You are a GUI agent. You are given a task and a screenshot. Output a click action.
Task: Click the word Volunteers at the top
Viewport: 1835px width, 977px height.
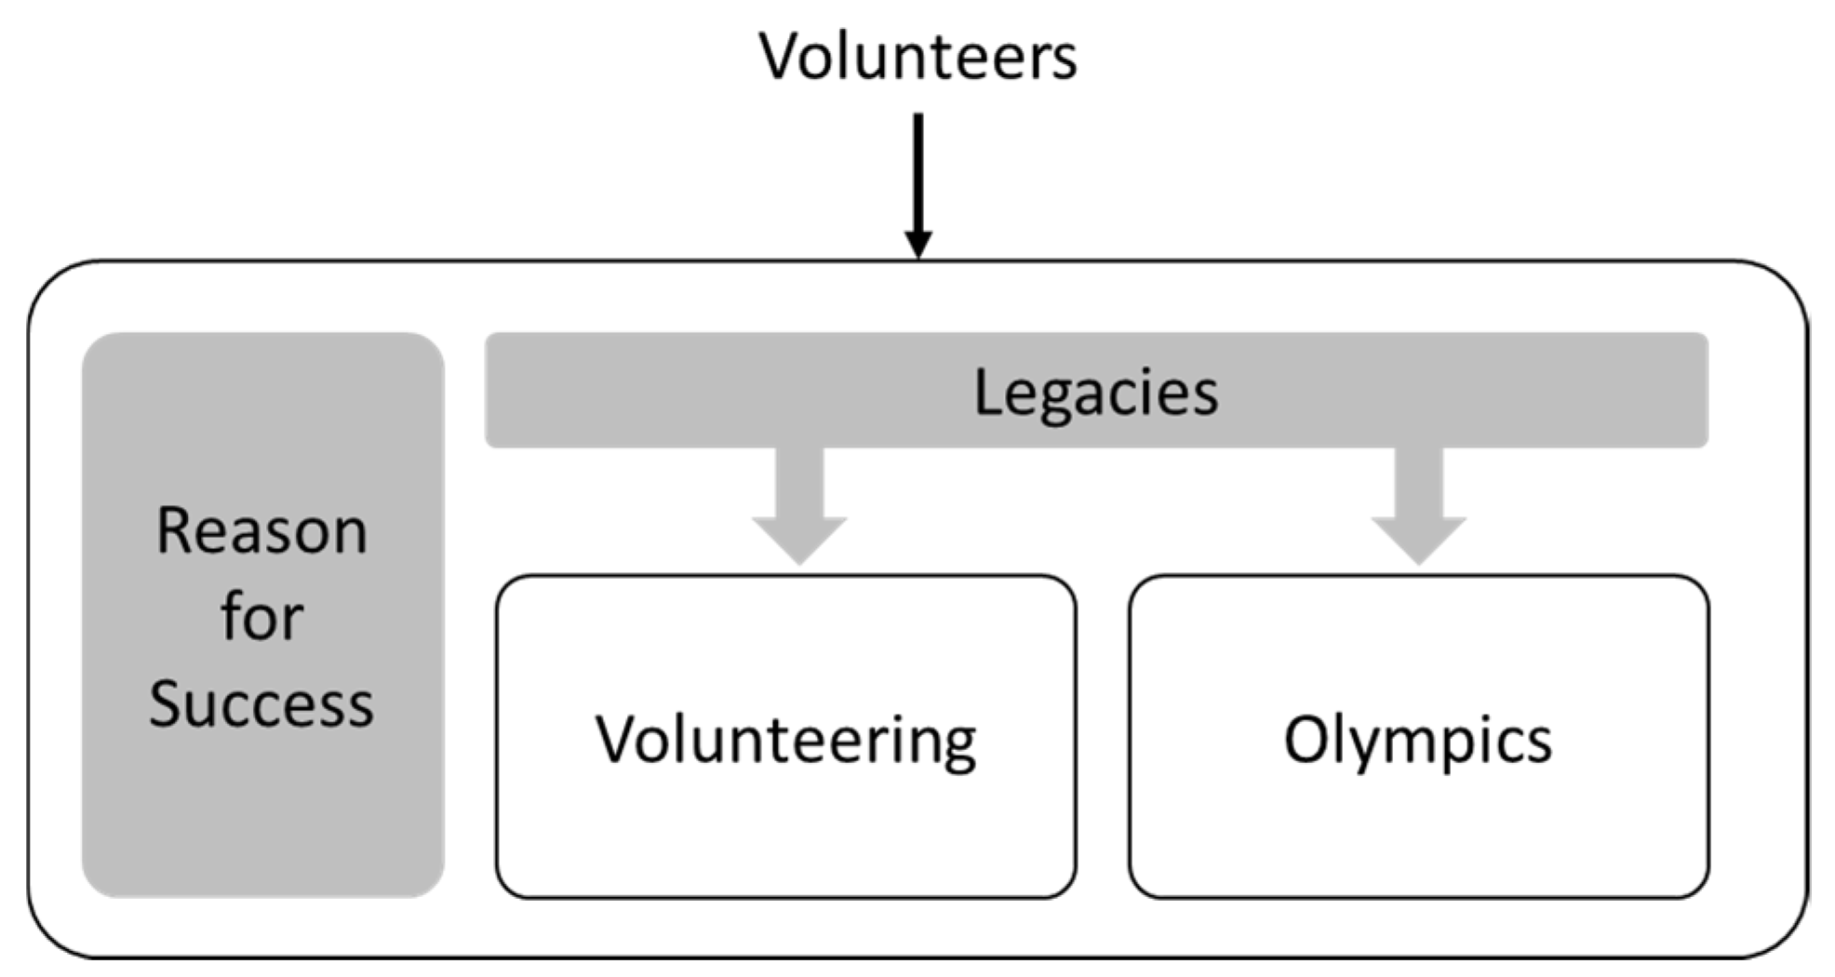pos(917,56)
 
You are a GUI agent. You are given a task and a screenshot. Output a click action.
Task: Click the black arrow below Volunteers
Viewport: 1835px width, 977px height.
pos(917,177)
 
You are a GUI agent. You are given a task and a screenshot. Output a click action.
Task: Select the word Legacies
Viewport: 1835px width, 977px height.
pos(1095,393)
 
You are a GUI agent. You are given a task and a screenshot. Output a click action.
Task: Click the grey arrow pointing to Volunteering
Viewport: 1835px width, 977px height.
pos(799,507)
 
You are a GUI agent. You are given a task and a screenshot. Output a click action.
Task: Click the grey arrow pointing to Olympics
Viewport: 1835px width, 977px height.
pos(1418,507)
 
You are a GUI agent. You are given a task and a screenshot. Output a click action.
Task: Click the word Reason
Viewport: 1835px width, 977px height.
pos(261,531)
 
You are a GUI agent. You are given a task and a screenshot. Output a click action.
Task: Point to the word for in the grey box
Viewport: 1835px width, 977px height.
pos(261,617)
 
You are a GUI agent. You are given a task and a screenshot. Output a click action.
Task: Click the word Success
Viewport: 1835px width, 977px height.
pos(261,703)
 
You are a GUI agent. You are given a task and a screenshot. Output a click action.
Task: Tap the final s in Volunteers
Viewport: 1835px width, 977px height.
pos(1065,60)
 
